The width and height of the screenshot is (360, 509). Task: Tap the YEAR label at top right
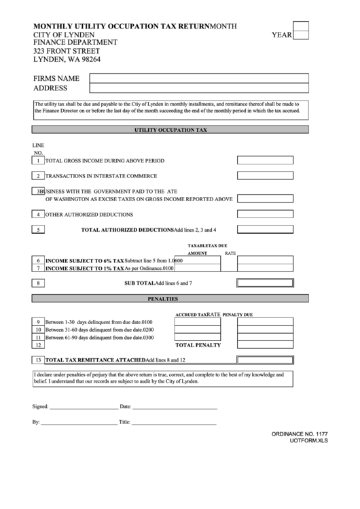pos(281,33)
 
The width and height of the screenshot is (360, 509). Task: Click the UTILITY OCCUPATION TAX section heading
pos(170,129)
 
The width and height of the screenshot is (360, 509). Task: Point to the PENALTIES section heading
pos(170,298)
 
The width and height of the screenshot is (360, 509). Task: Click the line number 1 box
pos(39,161)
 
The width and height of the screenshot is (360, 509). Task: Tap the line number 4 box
pos(39,215)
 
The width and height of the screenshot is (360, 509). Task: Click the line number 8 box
pos(39,283)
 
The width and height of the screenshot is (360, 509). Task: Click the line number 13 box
pos(39,359)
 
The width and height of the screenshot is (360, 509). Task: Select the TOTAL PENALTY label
pos(198,345)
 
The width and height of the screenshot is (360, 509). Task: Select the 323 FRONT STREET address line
pos(67,52)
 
